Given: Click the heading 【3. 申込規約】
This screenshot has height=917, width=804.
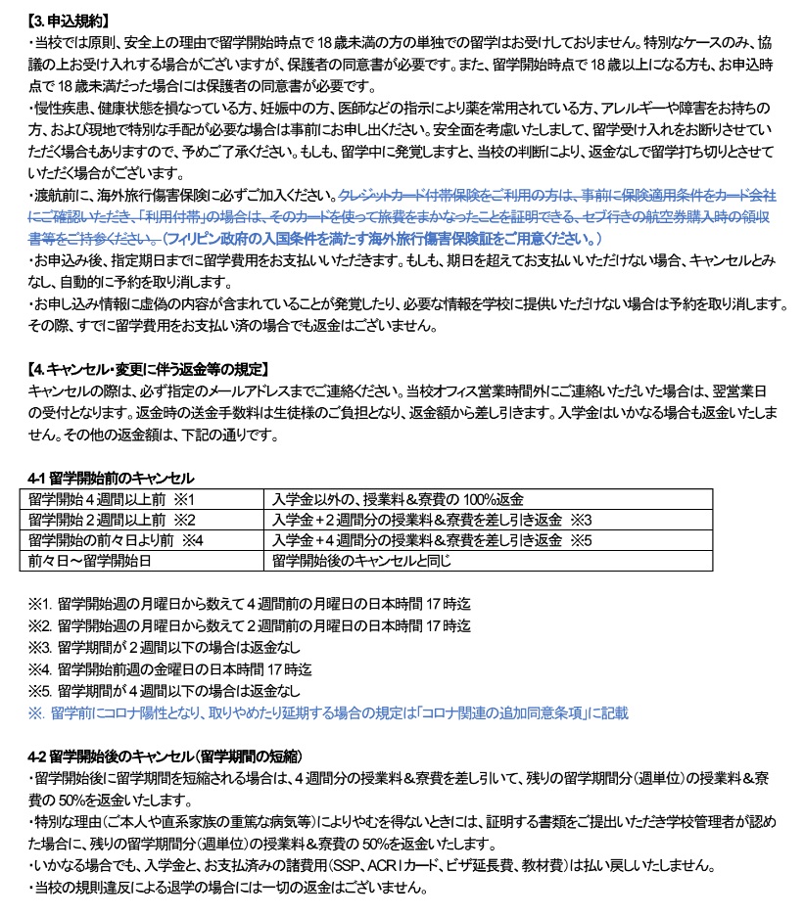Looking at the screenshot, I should [69, 20].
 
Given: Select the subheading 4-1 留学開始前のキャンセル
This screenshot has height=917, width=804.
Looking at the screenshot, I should [111, 479].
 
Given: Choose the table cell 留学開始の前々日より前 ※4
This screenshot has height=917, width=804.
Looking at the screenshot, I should [116, 540].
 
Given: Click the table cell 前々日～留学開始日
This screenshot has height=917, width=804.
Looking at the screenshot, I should [90, 561].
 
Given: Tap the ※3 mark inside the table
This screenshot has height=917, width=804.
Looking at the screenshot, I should [582, 520].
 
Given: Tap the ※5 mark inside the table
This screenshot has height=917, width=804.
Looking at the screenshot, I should [582, 540].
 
